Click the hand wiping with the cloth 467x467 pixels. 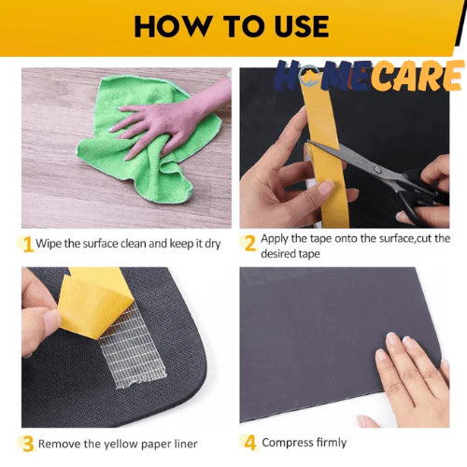coord(175,120)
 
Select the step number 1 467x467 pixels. coord(28,244)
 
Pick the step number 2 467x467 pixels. coord(250,243)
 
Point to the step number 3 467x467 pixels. coord(28,444)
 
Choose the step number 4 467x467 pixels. coord(250,443)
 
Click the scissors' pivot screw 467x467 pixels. coord(377,170)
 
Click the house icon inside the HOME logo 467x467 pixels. coord(310,76)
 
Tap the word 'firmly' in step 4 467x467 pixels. coord(332,443)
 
